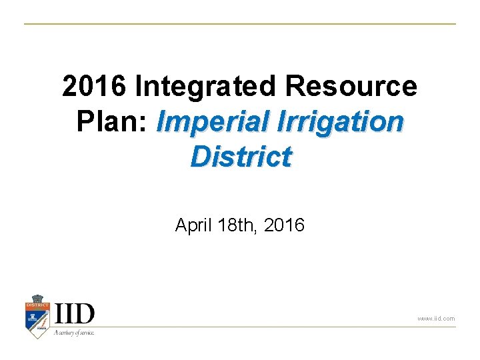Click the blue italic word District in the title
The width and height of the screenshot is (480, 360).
tap(241, 157)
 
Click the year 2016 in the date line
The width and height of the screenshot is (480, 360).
tap(284, 225)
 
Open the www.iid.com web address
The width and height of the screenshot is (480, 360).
tap(436, 319)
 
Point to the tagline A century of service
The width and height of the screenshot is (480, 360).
tap(74, 331)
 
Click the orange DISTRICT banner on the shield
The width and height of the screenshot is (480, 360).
tap(38, 305)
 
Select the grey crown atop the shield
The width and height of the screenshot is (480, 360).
tap(38, 298)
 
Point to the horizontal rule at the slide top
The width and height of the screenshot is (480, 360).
tap(240, 24)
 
